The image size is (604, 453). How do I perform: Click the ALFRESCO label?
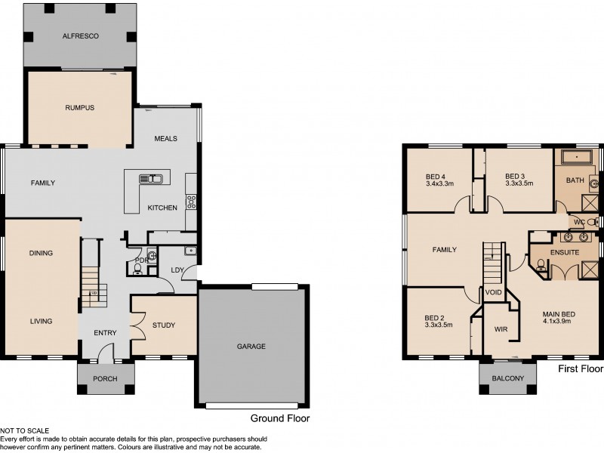80,35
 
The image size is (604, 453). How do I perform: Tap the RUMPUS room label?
79,108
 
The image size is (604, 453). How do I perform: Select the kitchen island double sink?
152,179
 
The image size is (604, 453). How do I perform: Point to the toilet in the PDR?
137,269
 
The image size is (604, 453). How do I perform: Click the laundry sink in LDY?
190,251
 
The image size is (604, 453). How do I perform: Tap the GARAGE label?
251,347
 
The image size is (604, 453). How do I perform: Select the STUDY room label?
164,325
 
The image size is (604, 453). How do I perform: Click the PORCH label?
105,379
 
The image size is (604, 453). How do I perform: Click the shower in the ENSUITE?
589,268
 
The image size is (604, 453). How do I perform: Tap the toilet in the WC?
592,222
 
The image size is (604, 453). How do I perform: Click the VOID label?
494,291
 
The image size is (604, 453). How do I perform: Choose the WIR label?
501,329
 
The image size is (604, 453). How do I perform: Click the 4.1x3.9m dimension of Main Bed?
557,321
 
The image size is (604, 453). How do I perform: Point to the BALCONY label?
507,379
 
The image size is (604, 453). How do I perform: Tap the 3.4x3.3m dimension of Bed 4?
439,183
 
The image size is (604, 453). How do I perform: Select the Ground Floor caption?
279,418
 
